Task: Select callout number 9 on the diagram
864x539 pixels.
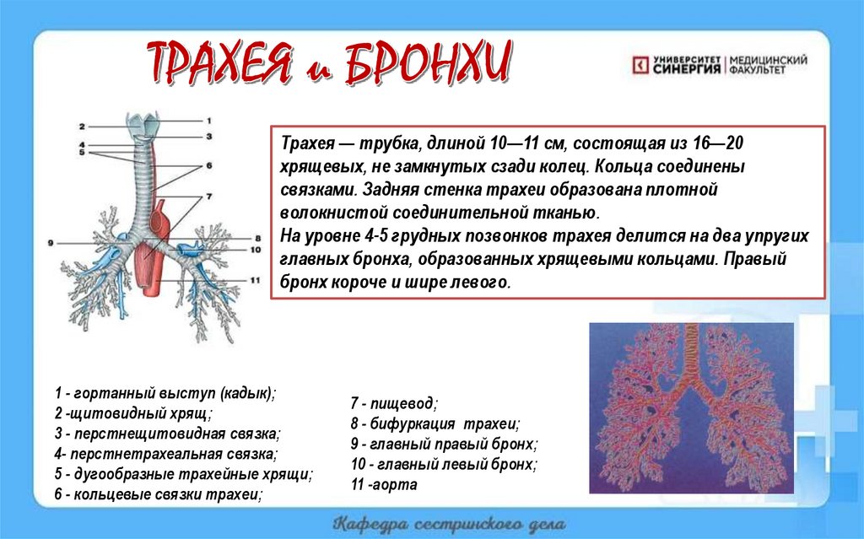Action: [51, 243]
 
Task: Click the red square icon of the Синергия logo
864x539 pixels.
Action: [641, 65]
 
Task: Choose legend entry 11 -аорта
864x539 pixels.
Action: [384, 484]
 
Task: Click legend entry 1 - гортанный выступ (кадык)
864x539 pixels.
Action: [165, 393]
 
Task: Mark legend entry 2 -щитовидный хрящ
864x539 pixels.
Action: [133, 413]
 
